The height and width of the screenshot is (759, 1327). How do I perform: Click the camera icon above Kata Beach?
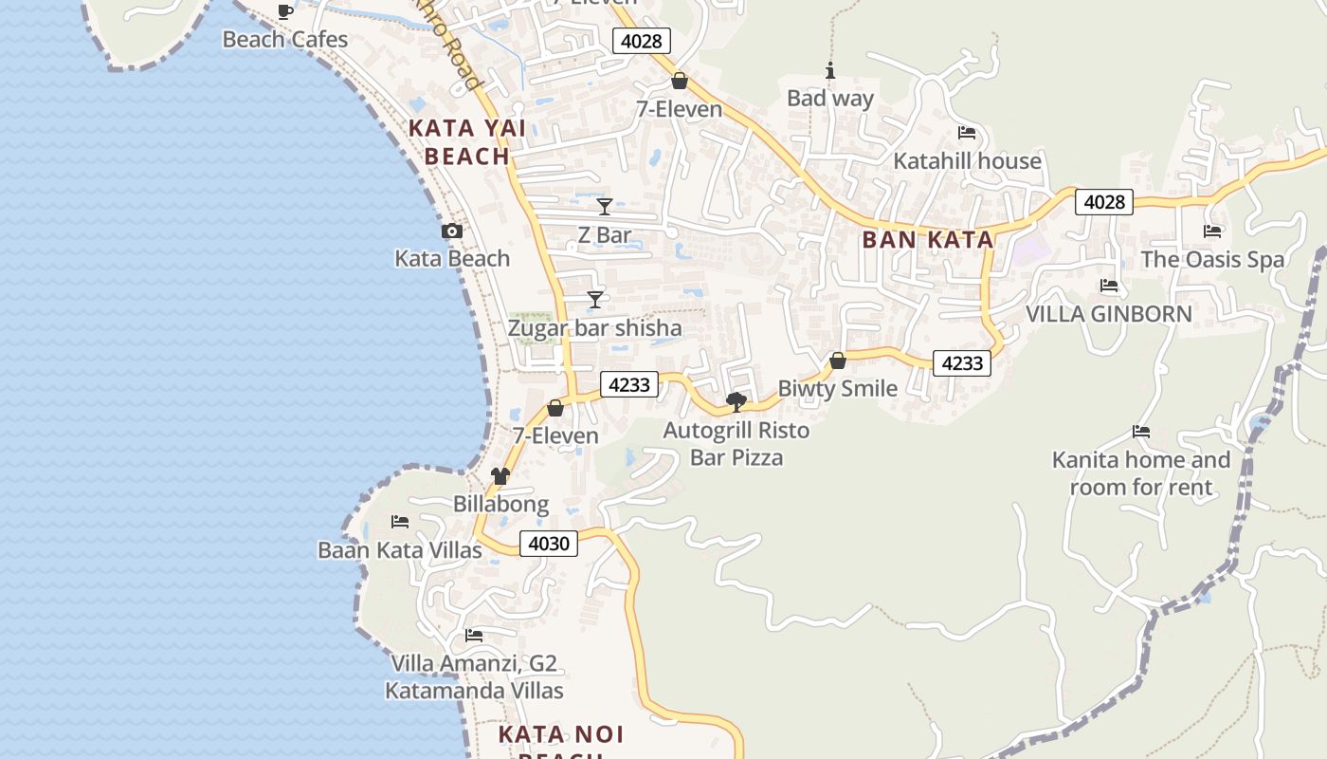(452, 231)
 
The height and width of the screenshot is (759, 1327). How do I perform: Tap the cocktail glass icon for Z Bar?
(605, 206)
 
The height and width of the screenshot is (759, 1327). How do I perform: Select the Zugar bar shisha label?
(594, 328)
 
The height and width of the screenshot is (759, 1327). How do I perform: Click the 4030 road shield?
(549, 544)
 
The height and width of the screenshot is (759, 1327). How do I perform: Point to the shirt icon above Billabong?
(500, 475)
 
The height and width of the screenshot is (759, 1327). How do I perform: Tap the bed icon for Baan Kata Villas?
(400, 522)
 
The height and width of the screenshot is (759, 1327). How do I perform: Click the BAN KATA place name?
(928, 240)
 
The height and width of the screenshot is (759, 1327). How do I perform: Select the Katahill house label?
(967, 161)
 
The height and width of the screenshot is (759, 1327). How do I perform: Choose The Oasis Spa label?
(1212, 259)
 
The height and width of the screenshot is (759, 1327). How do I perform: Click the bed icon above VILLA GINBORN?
(1109, 286)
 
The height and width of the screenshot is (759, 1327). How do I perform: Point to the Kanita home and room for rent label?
(1141, 473)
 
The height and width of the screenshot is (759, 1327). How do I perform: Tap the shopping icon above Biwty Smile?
(838, 361)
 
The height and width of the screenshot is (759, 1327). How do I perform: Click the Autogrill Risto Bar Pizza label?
(736, 444)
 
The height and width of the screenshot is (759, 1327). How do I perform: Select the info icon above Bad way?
(830, 70)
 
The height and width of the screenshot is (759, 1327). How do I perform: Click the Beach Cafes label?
(285, 40)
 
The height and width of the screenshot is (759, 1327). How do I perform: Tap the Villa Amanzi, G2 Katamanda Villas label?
(474, 676)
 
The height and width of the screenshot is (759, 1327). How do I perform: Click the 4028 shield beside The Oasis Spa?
(1104, 201)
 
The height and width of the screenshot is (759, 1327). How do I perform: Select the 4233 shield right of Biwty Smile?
(962, 363)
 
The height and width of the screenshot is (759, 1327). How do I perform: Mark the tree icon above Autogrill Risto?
(736, 402)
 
